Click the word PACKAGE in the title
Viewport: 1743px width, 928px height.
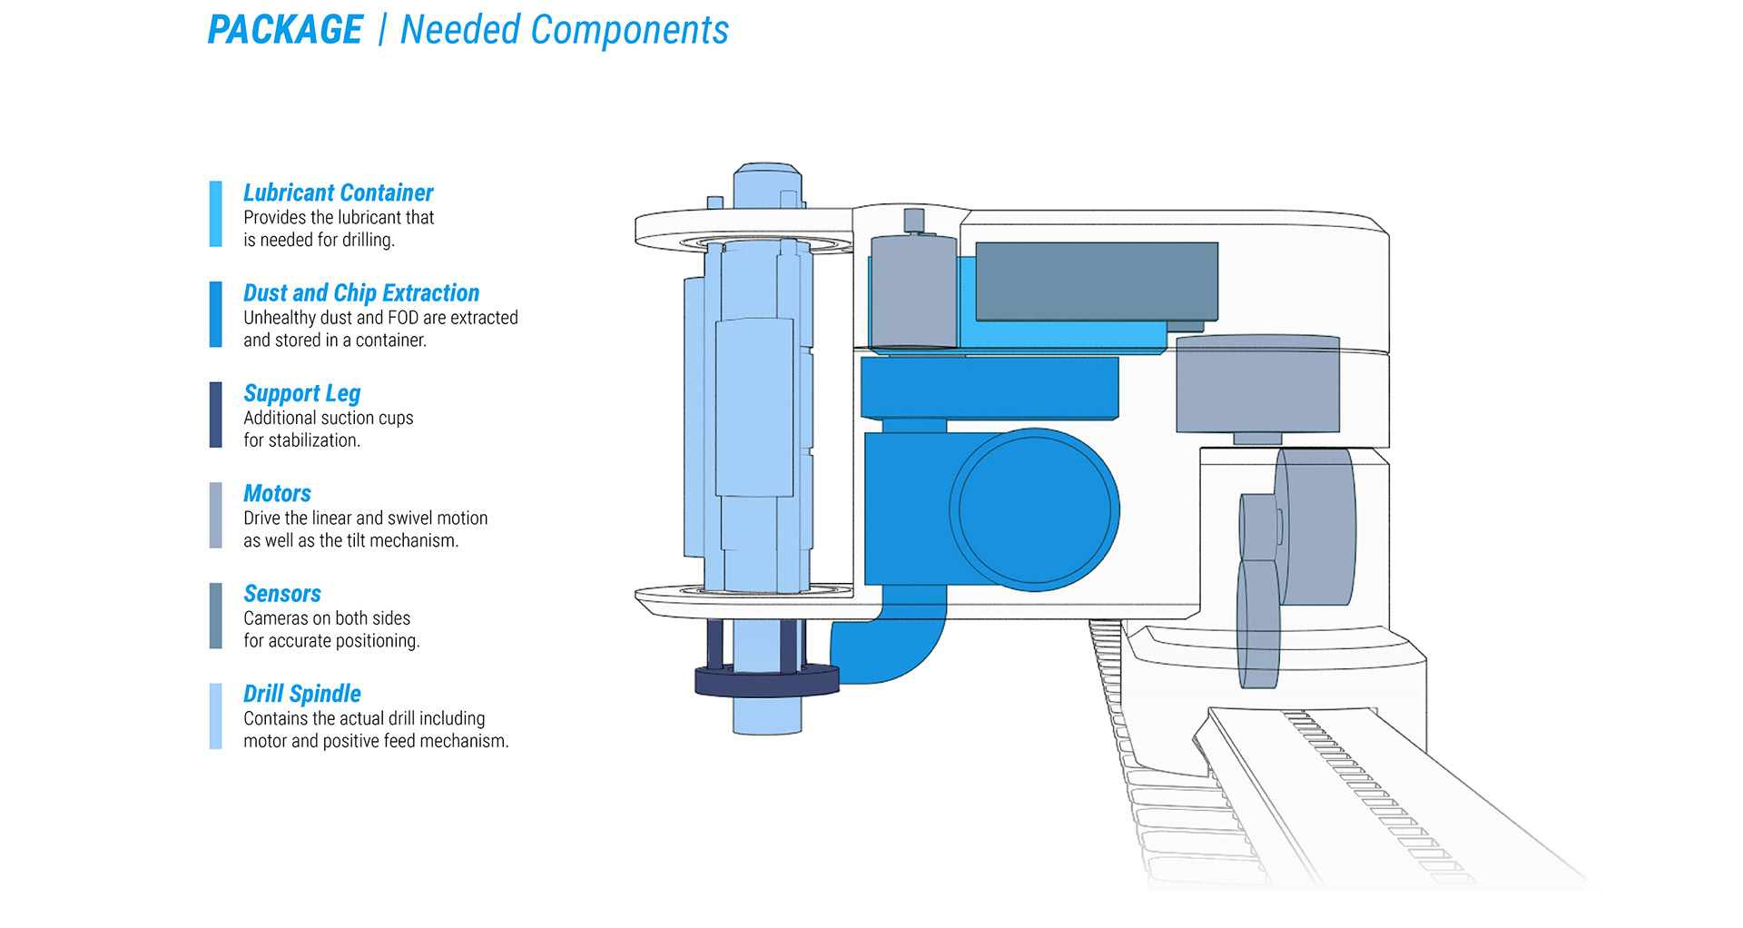285,30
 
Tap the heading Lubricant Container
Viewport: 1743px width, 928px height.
338,193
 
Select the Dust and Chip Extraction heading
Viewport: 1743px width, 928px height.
360,292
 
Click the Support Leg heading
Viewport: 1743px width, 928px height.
301,393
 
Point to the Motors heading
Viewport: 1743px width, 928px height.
277,493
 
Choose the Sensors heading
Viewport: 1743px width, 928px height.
281,593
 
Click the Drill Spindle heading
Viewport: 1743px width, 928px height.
301,694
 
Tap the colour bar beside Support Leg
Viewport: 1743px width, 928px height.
215,415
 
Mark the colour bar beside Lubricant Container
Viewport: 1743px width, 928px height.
215,214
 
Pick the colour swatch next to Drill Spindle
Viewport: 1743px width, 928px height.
215,716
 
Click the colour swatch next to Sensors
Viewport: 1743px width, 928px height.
215,616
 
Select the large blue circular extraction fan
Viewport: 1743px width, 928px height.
1034,509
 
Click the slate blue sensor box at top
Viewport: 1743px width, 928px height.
1096,281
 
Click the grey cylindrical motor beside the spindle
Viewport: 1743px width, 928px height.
912,291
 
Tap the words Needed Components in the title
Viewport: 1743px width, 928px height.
564,30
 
